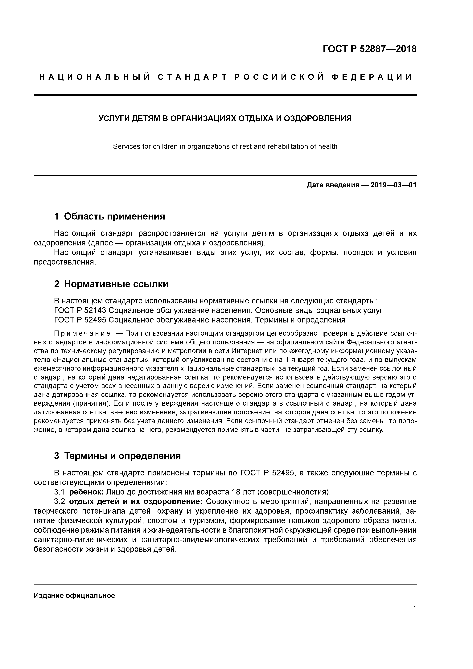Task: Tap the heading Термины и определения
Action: [x=122, y=456]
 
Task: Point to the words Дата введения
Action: [x=332, y=185]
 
